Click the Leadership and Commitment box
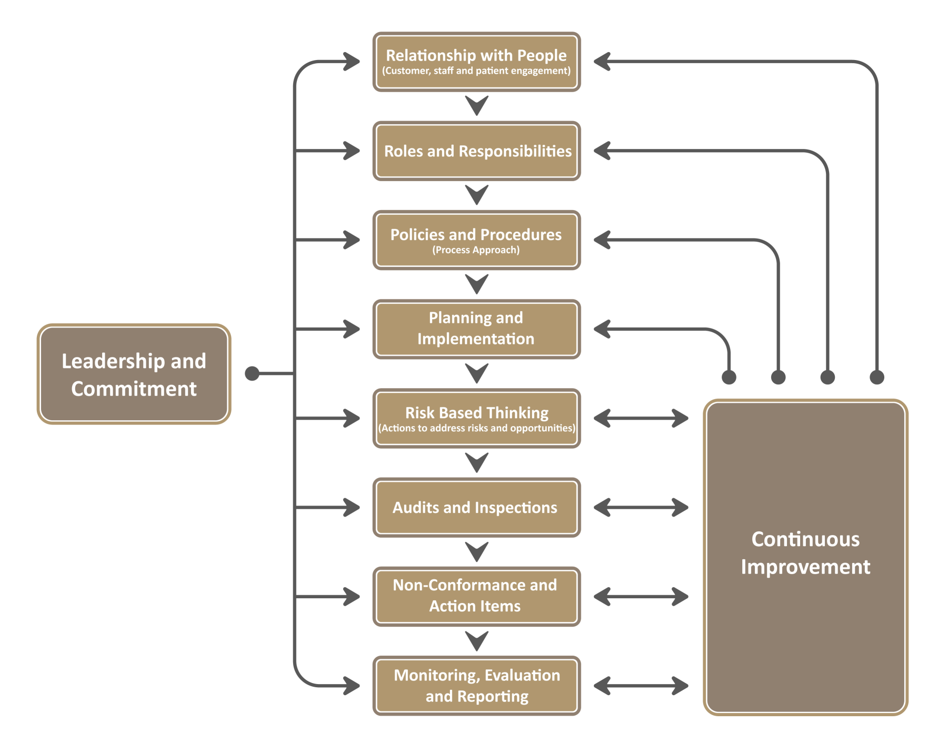coord(134,374)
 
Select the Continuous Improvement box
coord(805,557)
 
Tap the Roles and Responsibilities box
coord(476,151)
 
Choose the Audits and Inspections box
coord(476,508)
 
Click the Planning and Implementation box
coord(476,329)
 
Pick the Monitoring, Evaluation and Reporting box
coord(476,686)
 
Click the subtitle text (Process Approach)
coord(476,250)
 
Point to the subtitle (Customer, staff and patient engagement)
coord(476,71)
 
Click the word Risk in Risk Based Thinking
coord(421,412)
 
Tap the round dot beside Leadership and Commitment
coord(252,373)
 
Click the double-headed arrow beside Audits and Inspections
coord(641,508)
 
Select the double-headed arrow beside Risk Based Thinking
coord(641,418)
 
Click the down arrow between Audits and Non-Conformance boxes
coord(477,551)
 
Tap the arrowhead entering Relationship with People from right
coord(602,62)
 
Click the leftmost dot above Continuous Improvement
coord(729,377)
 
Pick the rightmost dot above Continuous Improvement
coord(877,377)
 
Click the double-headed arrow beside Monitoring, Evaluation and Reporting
coord(641,686)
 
